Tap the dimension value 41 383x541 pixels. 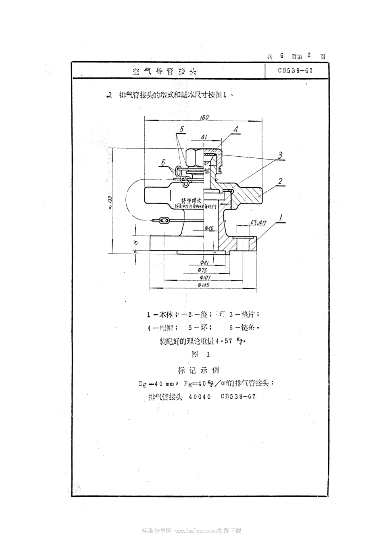point(204,137)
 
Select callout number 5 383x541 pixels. point(181,129)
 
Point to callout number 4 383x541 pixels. point(235,129)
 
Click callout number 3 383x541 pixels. point(279,155)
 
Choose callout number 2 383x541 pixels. point(280,181)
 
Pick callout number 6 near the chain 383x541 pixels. point(163,162)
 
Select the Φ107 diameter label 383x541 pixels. point(204,278)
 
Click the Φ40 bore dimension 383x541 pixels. point(209,228)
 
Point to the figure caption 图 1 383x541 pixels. point(201,354)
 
